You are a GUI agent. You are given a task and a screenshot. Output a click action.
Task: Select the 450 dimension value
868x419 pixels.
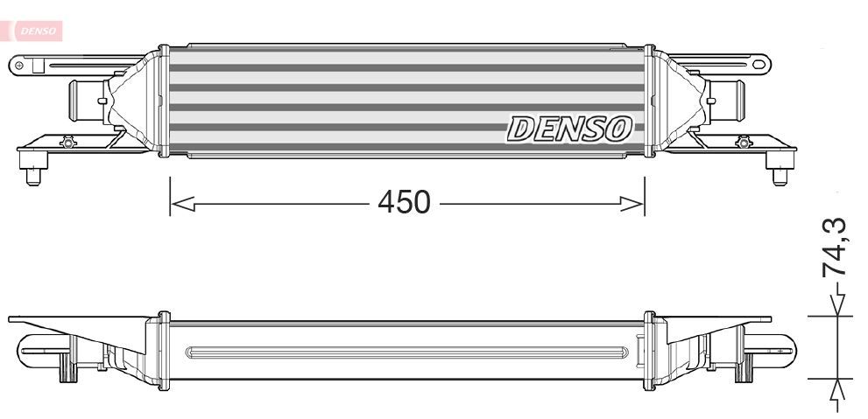tap(404, 203)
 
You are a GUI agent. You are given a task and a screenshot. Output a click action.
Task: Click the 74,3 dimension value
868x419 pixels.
tap(835, 248)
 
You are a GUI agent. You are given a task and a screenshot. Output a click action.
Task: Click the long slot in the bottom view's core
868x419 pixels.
tap(407, 353)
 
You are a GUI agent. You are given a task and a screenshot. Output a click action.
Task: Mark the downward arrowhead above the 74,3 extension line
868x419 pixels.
tap(839, 304)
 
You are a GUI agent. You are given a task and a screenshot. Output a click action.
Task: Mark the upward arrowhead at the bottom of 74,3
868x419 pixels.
tap(839, 390)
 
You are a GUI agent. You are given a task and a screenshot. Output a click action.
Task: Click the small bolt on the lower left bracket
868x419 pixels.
tap(67, 142)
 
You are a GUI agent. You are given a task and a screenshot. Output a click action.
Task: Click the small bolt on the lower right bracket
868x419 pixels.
tap(744, 142)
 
